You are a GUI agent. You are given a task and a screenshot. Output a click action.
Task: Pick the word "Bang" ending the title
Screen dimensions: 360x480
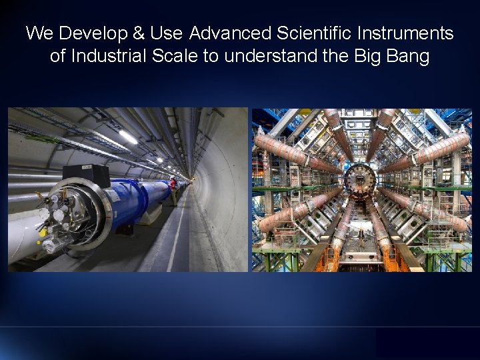[408, 56]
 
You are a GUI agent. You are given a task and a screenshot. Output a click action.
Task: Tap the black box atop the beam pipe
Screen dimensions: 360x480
[86, 175]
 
